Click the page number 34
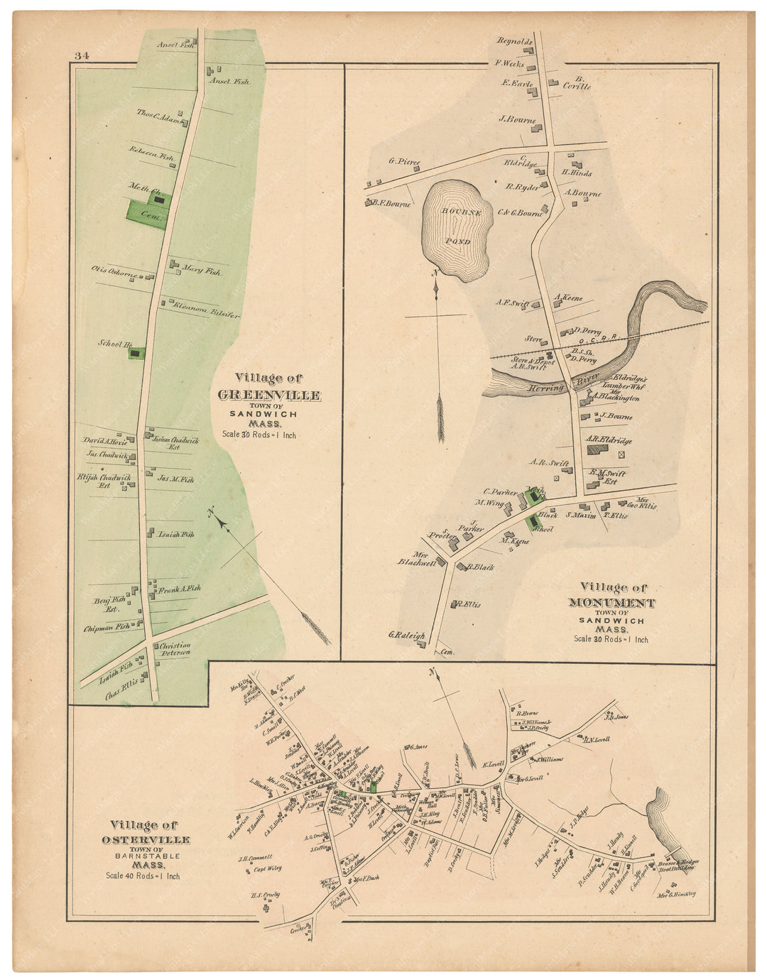80,56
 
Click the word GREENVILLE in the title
268,396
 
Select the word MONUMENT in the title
611,603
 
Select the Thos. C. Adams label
160,117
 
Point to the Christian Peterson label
174,649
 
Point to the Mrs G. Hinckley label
676,894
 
